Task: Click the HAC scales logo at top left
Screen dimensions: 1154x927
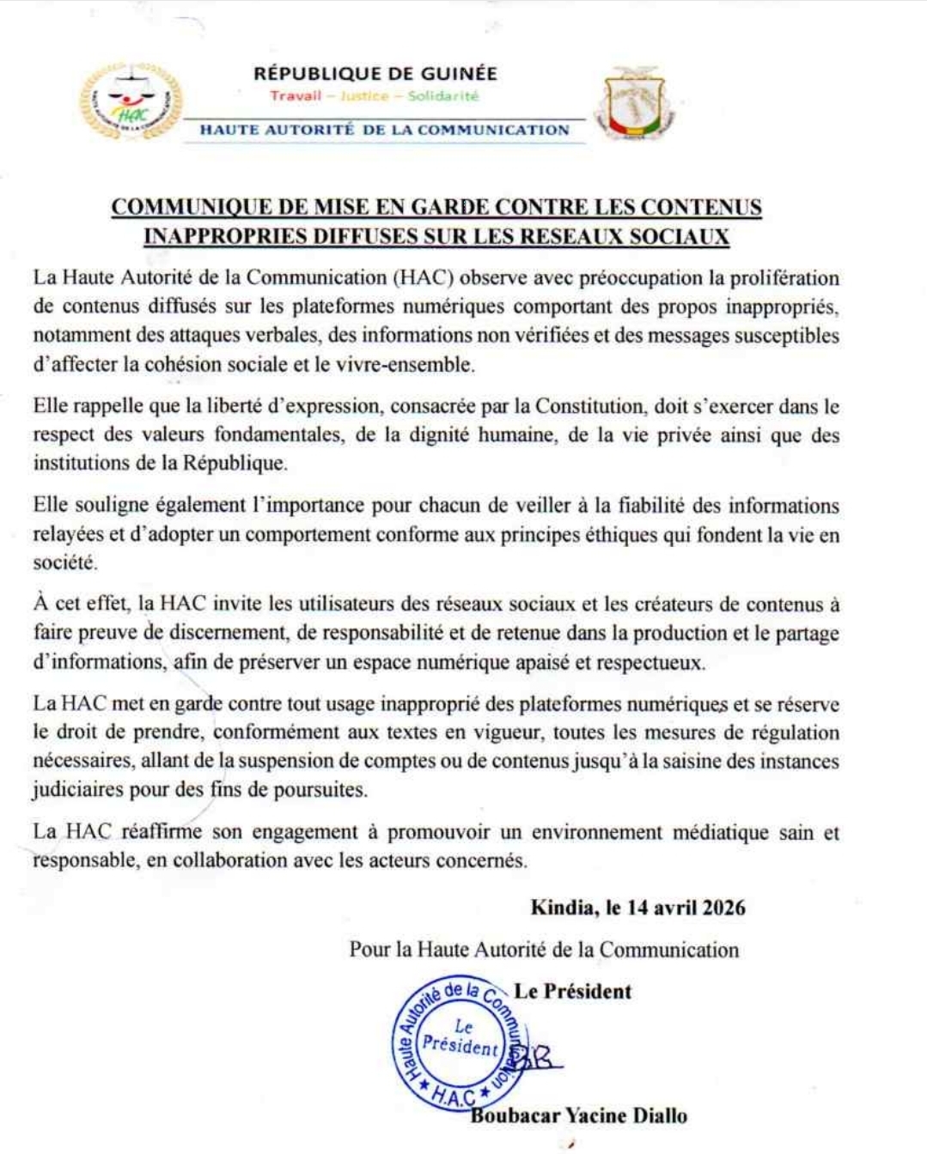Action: point(131,102)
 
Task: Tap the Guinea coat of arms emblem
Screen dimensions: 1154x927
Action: point(636,104)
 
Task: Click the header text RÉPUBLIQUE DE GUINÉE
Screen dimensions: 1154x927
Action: point(375,74)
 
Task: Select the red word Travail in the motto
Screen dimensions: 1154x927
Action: point(296,96)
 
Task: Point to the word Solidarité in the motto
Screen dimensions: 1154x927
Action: point(442,96)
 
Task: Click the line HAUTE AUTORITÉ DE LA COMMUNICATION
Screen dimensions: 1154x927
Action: point(385,131)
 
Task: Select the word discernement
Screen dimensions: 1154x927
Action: point(226,634)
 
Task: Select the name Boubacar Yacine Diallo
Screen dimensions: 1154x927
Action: point(579,1116)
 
